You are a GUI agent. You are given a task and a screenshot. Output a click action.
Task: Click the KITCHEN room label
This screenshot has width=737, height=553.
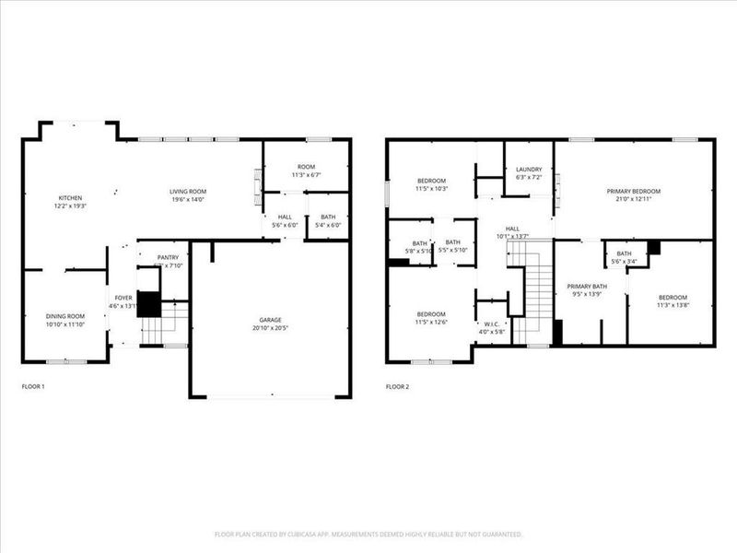71,198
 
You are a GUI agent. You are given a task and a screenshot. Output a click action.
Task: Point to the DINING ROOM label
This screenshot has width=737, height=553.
64,316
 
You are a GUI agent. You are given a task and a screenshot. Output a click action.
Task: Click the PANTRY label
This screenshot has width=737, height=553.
168,258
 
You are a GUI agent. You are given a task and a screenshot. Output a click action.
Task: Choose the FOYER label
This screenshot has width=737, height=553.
123,298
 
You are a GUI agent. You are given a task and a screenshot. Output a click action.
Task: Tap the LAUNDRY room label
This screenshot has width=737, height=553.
529,170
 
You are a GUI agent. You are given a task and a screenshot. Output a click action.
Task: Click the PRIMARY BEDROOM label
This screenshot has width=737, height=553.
633,192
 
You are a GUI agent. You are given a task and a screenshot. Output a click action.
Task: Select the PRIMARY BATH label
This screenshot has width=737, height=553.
587,287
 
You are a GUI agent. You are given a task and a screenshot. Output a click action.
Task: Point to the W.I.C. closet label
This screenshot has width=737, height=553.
491,324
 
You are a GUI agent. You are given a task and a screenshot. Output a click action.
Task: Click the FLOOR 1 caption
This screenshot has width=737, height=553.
32,386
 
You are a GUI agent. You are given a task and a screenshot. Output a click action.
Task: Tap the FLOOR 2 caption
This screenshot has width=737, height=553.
397,386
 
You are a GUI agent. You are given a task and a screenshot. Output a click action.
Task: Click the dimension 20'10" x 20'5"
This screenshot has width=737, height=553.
270,328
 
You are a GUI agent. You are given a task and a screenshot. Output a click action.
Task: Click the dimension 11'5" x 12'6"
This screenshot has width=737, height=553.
431,322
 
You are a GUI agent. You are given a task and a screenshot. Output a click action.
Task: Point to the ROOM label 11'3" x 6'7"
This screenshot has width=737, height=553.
305,169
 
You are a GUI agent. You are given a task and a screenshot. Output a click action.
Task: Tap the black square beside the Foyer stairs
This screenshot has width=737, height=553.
148,304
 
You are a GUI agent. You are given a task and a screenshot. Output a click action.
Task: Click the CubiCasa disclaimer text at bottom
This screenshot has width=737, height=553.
368,534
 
